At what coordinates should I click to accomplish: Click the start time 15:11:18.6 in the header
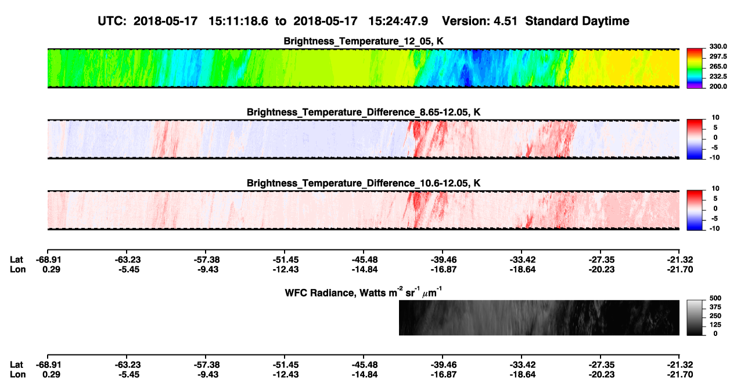(x=238, y=21)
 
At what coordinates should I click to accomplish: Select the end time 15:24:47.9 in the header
(x=398, y=21)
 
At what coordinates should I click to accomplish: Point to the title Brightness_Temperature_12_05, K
(x=364, y=41)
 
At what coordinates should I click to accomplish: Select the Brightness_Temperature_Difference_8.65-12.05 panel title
(x=364, y=112)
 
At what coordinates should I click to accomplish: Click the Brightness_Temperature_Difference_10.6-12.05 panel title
(x=364, y=183)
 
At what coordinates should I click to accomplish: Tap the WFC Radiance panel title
(x=364, y=292)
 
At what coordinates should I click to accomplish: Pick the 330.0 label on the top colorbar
(x=718, y=46)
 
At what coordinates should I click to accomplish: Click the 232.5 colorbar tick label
(x=718, y=77)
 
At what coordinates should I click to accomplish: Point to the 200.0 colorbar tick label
(x=718, y=86)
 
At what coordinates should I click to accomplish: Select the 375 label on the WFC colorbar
(x=716, y=307)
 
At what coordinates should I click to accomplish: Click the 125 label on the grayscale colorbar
(x=716, y=325)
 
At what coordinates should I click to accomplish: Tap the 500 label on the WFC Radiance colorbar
(x=716, y=298)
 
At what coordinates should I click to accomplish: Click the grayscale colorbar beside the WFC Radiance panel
(x=695, y=317)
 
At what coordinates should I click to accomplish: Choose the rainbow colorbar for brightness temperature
(x=695, y=68)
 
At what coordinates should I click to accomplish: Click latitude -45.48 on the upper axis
(x=364, y=260)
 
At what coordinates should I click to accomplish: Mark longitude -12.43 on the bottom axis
(x=286, y=375)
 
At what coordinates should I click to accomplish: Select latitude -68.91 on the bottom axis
(x=49, y=365)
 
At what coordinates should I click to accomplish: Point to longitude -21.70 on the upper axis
(x=680, y=269)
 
